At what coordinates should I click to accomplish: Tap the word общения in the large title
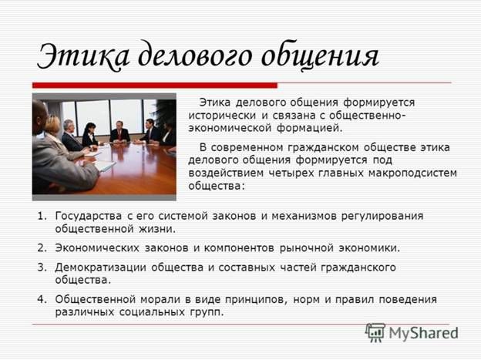[320, 56]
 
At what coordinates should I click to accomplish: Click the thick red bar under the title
[155, 86]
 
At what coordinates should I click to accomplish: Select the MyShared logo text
[424, 333]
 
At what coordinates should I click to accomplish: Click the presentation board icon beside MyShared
[375, 332]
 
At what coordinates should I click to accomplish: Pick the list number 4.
[42, 299]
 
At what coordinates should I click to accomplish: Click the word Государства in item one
[89, 217]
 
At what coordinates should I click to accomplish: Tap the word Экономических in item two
[97, 248]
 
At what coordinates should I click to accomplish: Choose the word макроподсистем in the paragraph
[412, 173]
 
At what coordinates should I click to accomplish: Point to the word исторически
[222, 116]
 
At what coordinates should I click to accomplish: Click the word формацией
[310, 129]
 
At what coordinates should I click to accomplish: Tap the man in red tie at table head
[120, 132]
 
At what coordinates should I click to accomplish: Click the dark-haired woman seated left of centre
[90, 135]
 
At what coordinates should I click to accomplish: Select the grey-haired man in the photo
[72, 135]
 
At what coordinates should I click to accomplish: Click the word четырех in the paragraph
[291, 173]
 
